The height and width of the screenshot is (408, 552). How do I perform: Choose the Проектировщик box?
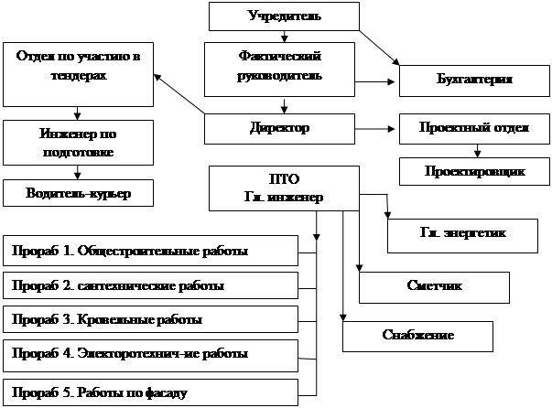coord(474,171)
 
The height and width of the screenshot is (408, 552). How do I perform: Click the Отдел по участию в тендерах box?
coord(78,73)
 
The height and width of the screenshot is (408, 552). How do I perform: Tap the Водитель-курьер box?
coord(78,193)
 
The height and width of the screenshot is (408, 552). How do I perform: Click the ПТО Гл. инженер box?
coord(284,188)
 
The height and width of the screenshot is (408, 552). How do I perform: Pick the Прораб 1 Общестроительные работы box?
coord(152,250)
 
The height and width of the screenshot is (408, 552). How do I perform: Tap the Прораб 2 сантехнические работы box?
coord(152,285)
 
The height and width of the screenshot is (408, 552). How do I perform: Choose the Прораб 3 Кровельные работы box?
coord(152,319)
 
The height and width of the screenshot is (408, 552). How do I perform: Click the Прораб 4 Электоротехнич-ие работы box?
coord(152,352)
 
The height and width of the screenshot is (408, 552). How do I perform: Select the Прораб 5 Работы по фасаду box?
coord(152,393)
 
